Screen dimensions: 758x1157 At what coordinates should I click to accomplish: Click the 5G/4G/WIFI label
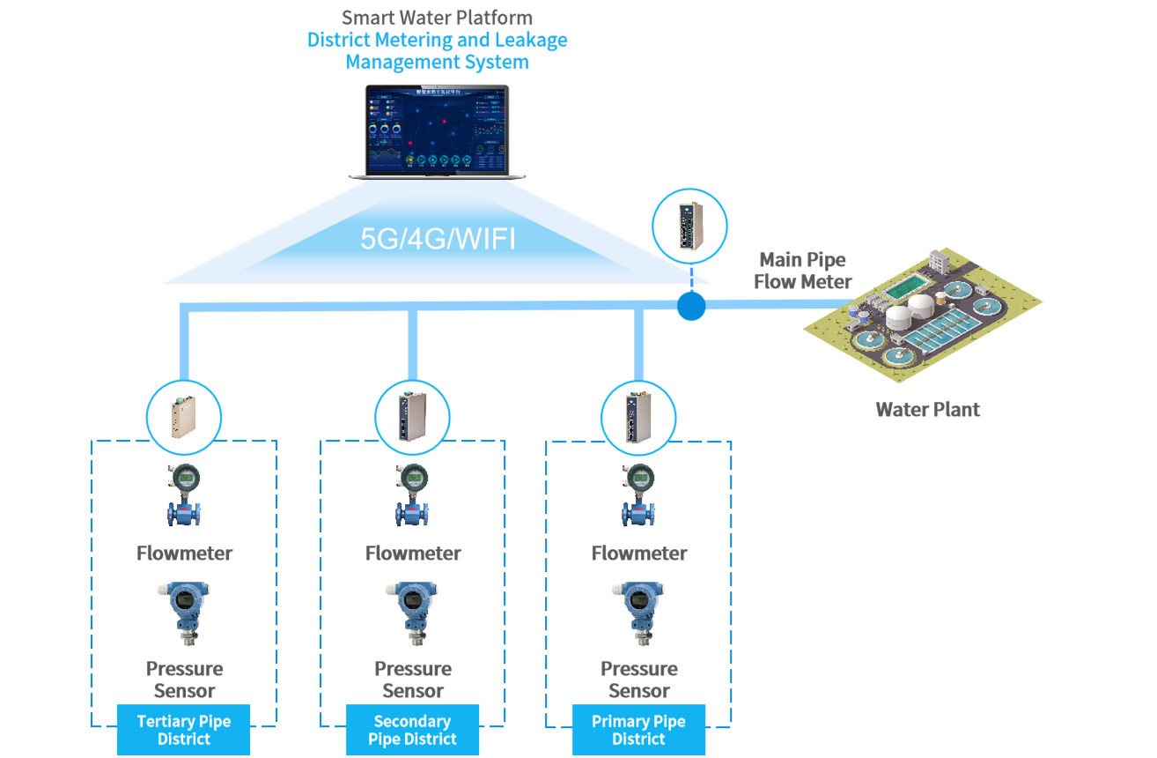[438, 240]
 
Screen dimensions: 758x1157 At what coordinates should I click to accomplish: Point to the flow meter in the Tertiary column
[184, 499]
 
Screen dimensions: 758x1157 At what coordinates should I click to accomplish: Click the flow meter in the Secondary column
[412, 499]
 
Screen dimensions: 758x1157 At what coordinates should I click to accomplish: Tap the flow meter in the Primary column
[639, 499]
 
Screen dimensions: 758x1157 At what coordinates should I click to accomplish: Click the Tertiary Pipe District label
[184, 730]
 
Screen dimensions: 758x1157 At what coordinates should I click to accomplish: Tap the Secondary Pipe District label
[412, 730]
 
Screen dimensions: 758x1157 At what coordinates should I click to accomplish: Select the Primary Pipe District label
[639, 730]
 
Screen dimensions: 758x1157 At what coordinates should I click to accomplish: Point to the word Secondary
[412, 722]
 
